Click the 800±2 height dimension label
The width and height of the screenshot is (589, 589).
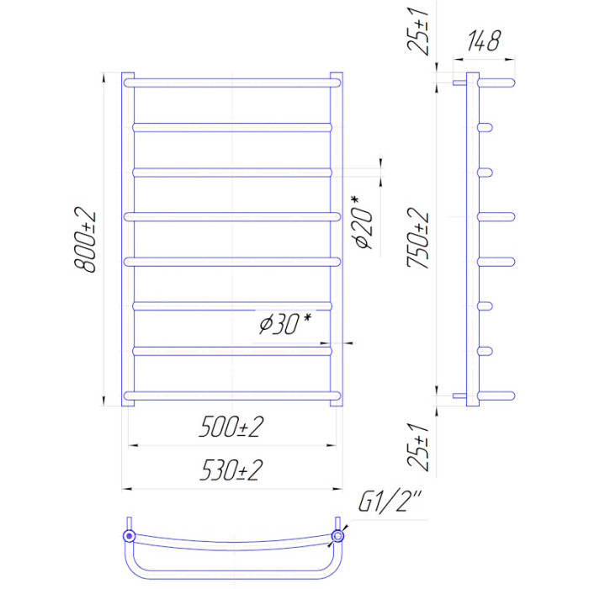pos(85,239)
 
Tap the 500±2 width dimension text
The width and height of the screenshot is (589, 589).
pos(231,427)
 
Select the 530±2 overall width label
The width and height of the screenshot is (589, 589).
pos(231,470)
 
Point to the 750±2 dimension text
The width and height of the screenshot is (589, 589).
pos(417,237)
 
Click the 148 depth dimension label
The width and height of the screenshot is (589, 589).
pos(484,40)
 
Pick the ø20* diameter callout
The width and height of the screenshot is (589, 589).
pos(364,222)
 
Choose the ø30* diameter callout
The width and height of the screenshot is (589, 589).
pos(285,323)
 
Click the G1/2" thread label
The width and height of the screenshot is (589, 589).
pos(390,501)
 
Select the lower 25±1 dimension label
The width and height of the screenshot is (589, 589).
pos(417,446)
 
